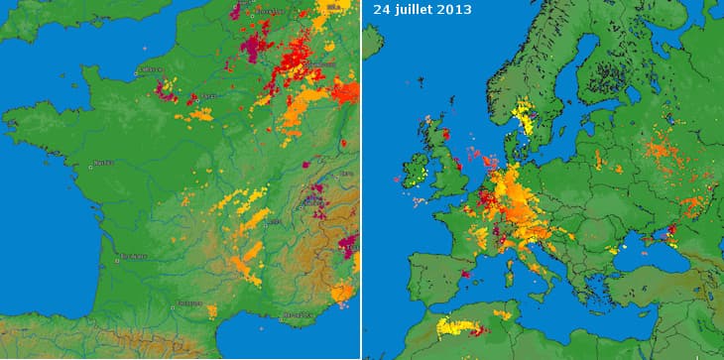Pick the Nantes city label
pos(101,163)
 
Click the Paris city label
pos(208,96)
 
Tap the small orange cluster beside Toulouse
pos(211,310)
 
